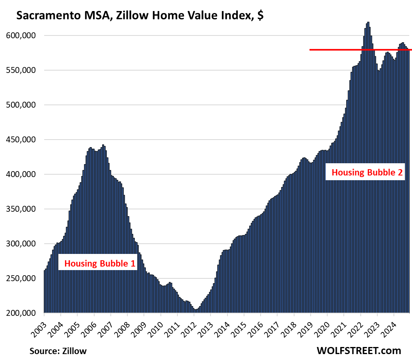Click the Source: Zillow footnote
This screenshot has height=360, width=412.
click(58, 351)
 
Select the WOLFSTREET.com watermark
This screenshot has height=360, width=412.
click(358, 350)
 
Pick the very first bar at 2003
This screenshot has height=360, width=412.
click(45, 292)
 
